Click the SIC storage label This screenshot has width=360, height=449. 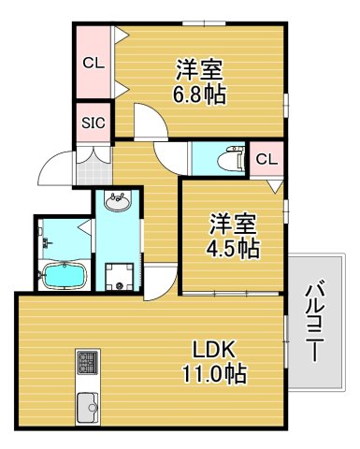coord(93,123)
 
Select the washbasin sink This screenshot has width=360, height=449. coord(117,201)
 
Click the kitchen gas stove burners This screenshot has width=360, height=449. coord(88,361)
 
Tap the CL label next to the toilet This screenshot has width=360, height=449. coord(266,159)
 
